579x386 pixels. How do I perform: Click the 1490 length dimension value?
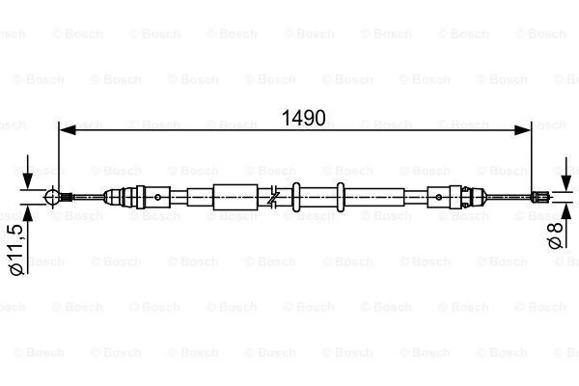pos(304,118)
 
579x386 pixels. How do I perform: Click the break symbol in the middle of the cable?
pos(276,197)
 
